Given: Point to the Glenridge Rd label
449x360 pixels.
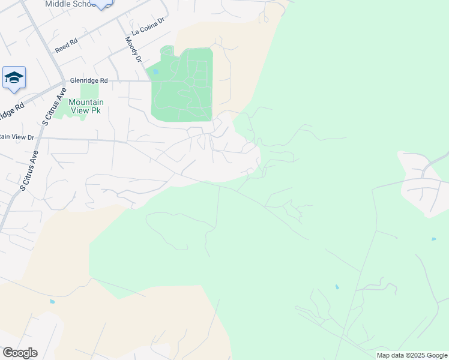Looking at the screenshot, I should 88,80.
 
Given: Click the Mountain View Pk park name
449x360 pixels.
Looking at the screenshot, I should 85,106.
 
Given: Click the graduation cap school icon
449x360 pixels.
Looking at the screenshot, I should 14,78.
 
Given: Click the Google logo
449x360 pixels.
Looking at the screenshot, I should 20,353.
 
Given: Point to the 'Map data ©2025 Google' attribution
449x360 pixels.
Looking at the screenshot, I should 412,355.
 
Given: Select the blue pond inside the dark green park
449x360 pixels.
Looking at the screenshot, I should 155,72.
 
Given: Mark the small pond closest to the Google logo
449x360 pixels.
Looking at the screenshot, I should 52,301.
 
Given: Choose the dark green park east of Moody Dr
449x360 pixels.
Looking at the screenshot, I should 182,84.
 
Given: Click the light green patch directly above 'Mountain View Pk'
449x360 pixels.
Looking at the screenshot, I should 89,91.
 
